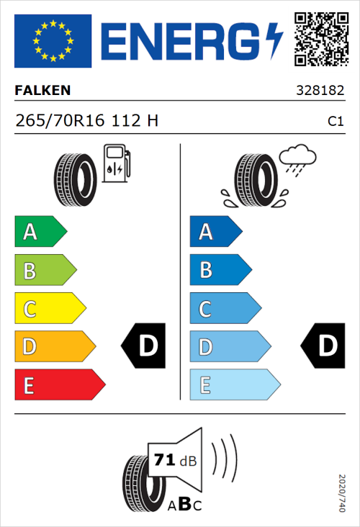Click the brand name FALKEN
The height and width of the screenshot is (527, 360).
pos(43,91)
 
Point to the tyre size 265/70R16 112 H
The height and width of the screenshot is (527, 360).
pos(86,121)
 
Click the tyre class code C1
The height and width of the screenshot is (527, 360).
pos(335,122)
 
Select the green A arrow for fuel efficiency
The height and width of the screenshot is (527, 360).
pos(40,232)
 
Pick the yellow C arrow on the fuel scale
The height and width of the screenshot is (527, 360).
pos(49,309)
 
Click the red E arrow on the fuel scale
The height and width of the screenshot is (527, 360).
pos(59,385)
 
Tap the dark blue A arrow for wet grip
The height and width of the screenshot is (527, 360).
pos(215,232)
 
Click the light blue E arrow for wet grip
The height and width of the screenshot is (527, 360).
pos(234,385)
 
